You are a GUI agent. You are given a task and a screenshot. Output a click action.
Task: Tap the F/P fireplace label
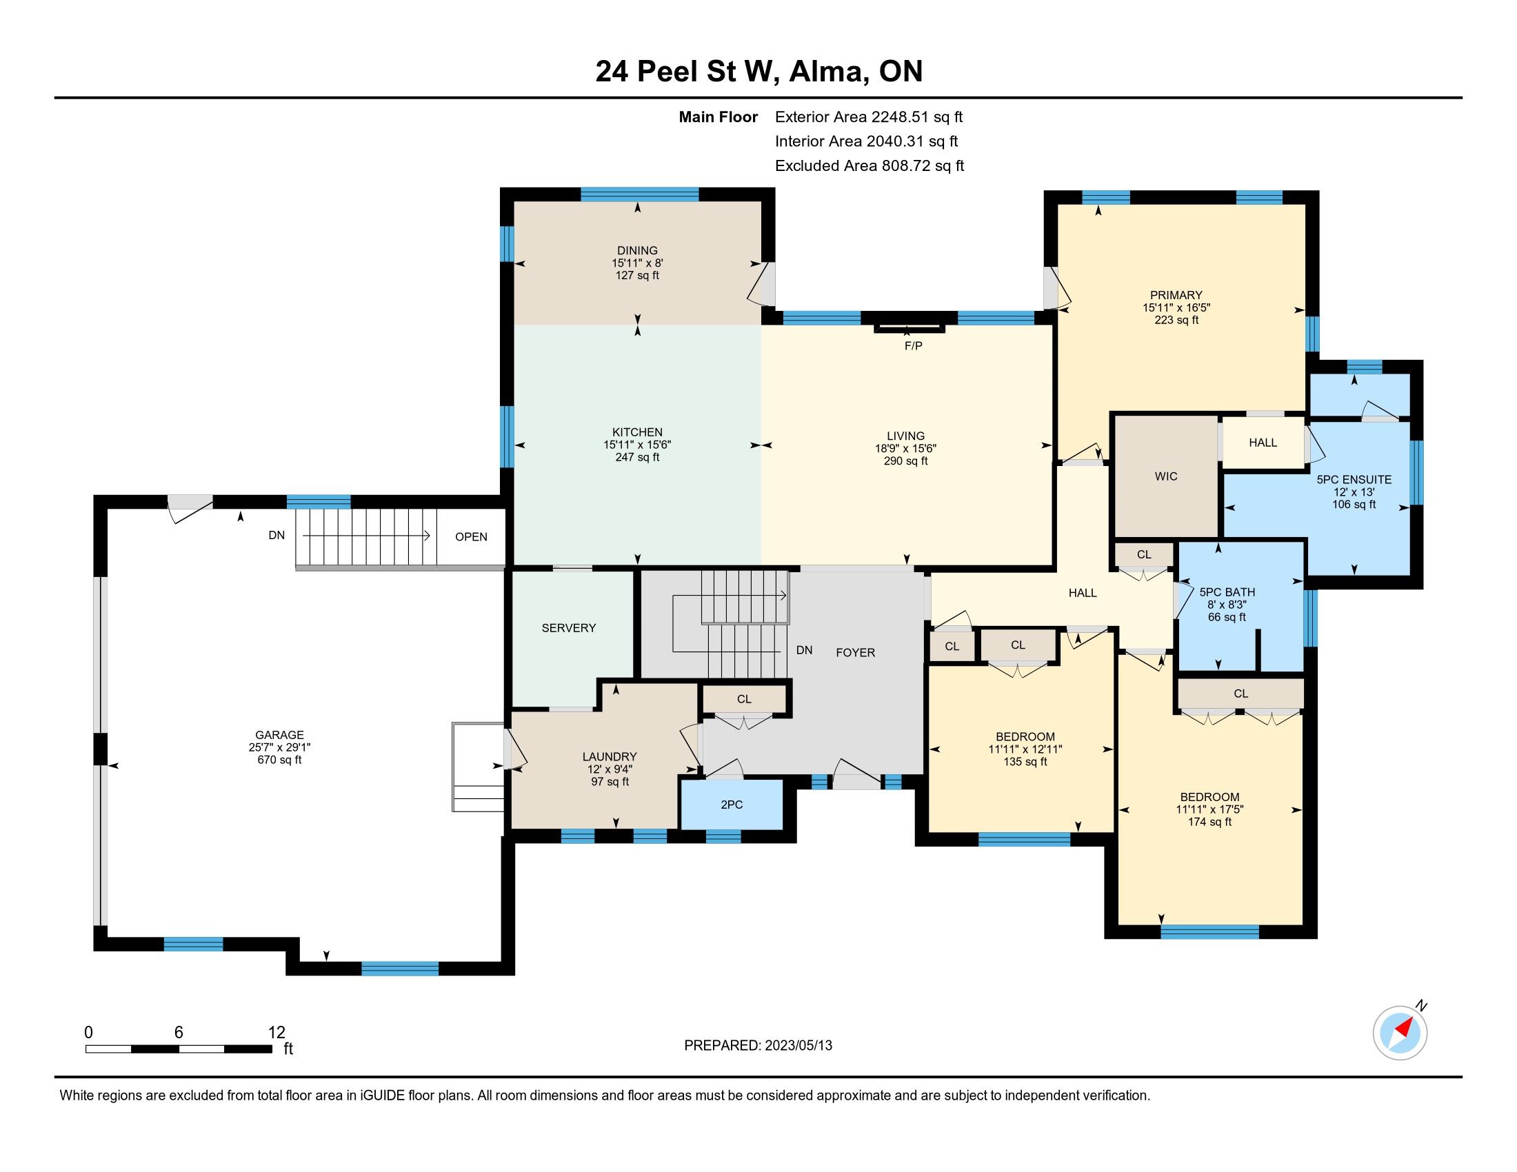(x=914, y=346)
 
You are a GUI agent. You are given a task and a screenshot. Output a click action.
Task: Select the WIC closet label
(x=1166, y=476)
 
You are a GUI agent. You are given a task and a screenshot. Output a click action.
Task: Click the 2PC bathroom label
(x=732, y=805)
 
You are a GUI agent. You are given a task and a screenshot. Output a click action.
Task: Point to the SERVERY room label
(x=569, y=627)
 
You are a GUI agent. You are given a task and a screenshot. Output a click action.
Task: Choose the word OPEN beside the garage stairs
(x=471, y=536)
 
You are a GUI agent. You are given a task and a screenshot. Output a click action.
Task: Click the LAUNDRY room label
(x=610, y=757)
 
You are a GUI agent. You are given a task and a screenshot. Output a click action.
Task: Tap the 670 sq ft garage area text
(x=280, y=760)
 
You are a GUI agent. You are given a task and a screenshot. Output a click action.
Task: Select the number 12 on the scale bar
(x=277, y=1033)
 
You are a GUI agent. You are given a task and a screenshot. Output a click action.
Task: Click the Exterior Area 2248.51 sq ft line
(x=869, y=117)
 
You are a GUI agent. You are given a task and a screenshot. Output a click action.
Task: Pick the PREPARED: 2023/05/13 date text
(x=758, y=1046)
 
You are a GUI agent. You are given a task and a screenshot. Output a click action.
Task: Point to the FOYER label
(x=855, y=653)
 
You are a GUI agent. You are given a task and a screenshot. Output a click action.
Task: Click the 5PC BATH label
(x=1227, y=592)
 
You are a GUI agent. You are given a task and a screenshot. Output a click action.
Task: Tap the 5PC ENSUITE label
(x=1354, y=479)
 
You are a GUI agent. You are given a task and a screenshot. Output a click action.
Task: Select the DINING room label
(x=638, y=251)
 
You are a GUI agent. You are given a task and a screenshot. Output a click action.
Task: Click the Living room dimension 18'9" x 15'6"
(x=906, y=449)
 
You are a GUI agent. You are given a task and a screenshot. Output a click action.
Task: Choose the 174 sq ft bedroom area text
(x=1210, y=822)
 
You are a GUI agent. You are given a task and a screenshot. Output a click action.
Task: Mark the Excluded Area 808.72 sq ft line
(x=870, y=165)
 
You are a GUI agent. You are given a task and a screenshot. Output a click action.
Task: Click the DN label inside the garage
(x=277, y=535)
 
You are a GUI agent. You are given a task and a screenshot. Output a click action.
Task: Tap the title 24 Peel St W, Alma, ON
(x=758, y=72)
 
